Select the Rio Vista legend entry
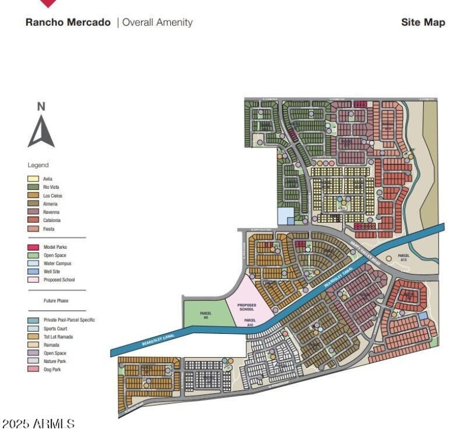[51, 187]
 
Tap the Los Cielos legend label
[53, 196]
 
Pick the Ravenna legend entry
[51, 212]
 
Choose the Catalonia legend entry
[52, 220]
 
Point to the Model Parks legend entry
[55, 247]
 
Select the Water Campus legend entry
[57, 264]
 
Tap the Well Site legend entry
[52, 272]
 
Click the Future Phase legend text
[56, 300]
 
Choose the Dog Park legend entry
[52, 370]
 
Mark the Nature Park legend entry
[54, 361]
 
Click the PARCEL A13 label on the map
[403, 257]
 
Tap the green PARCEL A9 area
[206, 314]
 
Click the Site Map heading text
[423, 23]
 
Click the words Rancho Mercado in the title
[68, 23]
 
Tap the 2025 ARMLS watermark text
[39, 424]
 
